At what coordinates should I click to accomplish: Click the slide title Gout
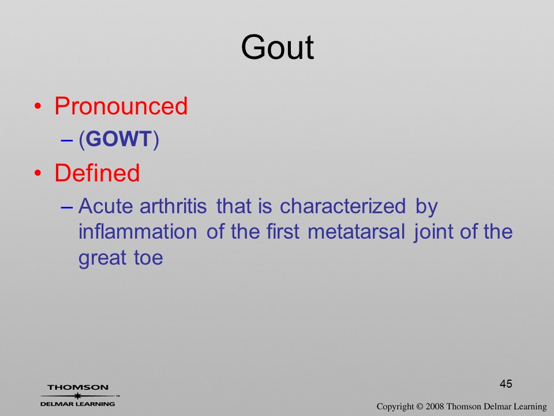click(278, 47)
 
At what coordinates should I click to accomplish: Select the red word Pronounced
click(121, 106)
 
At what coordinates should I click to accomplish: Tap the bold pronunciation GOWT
click(119, 139)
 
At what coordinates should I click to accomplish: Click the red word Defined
click(97, 173)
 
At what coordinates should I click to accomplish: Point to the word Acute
click(106, 206)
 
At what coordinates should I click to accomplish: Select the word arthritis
click(173, 206)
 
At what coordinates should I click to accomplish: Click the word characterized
click(343, 206)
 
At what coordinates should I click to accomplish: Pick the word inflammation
click(138, 232)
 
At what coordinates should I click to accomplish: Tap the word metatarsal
click(356, 232)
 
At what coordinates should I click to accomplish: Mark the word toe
click(148, 258)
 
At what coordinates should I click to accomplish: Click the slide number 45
click(506, 384)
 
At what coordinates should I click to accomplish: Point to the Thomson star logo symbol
click(78, 396)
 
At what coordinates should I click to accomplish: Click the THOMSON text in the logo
click(78, 387)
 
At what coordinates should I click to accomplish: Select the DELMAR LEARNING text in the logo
click(78, 404)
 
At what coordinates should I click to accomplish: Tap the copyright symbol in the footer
click(420, 407)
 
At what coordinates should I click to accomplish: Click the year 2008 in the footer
click(435, 407)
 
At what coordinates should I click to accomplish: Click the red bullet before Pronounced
click(38, 106)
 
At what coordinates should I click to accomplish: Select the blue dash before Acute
click(66, 207)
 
